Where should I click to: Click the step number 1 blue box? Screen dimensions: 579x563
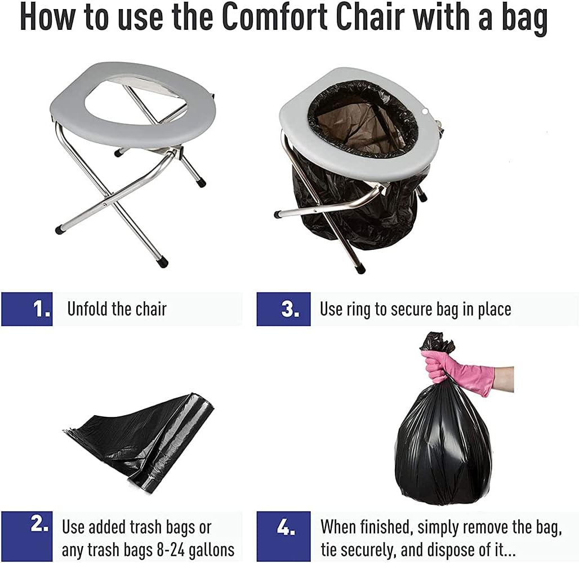pyautogui.click(x=26, y=309)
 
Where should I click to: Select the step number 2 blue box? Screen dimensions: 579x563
pyautogui.click(x=26, y=536)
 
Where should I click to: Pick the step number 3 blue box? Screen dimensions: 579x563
pyautogui.click(x=283, y=309)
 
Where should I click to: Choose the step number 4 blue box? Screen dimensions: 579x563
pyautogui.click(x=283, y=536)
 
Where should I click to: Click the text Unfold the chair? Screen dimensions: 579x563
pyautogui.click(x=117, y=309)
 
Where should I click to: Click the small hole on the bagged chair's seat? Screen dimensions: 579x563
pyautogui.click(x=425, y=110)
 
